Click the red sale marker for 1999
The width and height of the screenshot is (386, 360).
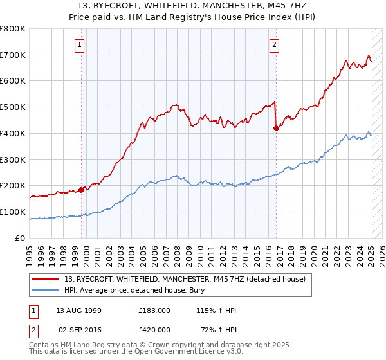[82, 190]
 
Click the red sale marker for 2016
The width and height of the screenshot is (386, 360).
[276, 128]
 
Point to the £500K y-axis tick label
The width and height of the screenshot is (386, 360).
[13, 107]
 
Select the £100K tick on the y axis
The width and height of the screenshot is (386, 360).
[13, 212]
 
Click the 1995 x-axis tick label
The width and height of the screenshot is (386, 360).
[30, 251]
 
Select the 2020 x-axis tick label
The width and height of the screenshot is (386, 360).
[314, 251]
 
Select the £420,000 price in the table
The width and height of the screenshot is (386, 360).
[155, 329]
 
